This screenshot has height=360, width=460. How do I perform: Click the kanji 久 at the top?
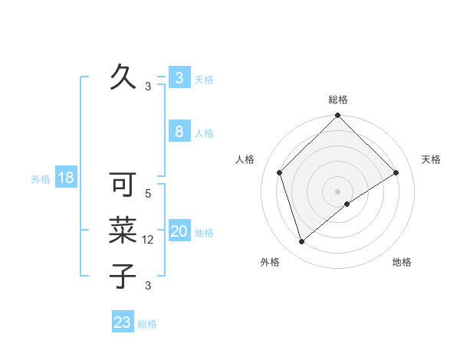tap(123, 77)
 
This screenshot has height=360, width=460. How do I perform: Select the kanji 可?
tap(123, 185)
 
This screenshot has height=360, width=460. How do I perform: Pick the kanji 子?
tap(123, 275)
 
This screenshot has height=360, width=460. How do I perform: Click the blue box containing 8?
tap(179, 132)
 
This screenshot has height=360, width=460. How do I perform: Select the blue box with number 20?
tap(179, 231)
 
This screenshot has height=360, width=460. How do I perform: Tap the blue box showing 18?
tap(66, 178)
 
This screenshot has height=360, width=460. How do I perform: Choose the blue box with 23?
tap(123, 322)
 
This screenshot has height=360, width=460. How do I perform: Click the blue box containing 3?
tap(179, 77)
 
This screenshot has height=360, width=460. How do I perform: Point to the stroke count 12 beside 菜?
tap(149, 240)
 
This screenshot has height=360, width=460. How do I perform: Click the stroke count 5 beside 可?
tap(148, 194)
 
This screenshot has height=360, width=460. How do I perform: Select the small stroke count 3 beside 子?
tap(148, 286)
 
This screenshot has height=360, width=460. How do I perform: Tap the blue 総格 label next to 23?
tap(147, 324)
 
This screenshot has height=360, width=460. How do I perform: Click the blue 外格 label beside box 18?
tap(41, 179)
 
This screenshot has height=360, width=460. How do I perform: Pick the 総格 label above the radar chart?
tap(337, 100)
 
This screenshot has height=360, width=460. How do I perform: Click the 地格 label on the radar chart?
tap(402, 262)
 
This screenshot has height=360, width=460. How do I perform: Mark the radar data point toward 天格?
tap(396, 172)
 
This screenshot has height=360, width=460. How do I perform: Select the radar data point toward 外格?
tap(302, 241)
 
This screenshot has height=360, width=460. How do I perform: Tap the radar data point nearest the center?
tap(347, 204)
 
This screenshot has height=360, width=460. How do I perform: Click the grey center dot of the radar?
tap(337, 191)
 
